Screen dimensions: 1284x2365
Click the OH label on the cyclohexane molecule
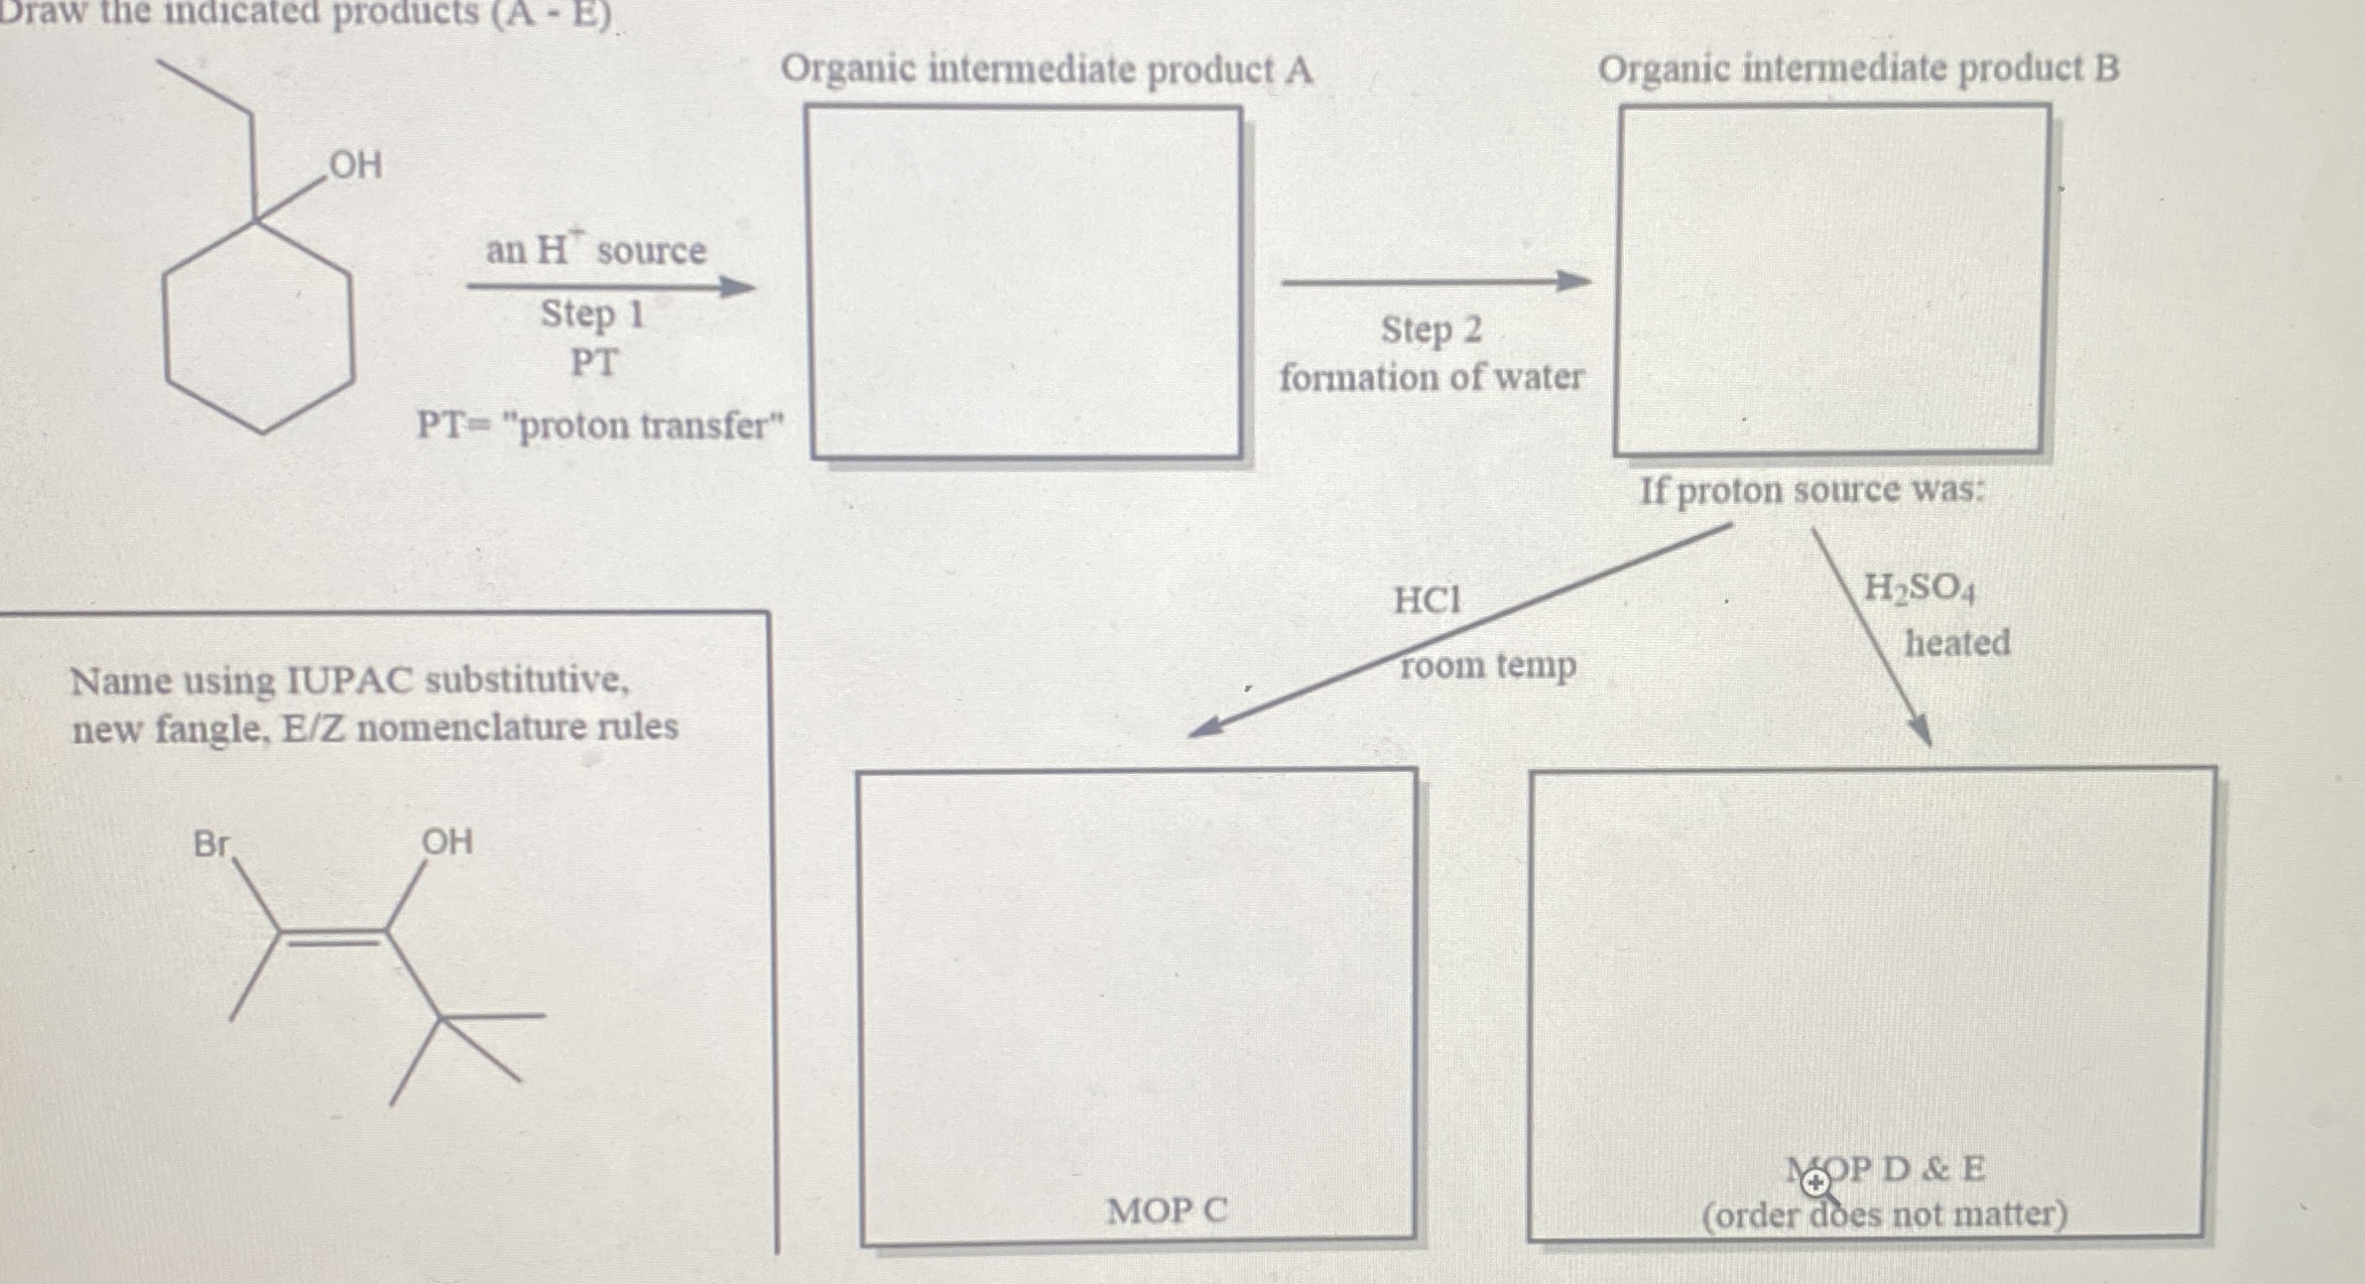355,165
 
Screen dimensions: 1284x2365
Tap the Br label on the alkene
210,844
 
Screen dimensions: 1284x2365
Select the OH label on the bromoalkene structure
446,842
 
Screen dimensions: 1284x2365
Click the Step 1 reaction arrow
610,288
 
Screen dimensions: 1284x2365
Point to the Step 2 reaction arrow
1434,283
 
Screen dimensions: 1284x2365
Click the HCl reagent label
1427,600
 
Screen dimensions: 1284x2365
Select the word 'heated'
1956,643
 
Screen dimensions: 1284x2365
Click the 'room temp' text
1487,665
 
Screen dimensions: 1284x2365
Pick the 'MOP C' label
1167,1211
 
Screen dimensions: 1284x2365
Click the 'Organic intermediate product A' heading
1047,69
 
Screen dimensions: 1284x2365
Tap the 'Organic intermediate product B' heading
1858,68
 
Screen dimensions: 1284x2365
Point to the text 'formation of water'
1431,378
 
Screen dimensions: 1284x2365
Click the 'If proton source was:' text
1811,490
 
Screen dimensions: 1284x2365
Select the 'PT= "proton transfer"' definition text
600,426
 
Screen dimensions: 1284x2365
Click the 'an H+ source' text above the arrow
595,250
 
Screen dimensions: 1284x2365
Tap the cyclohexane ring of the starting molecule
259,327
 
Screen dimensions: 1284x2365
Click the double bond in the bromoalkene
332,936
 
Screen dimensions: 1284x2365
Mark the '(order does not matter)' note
1884,1215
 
